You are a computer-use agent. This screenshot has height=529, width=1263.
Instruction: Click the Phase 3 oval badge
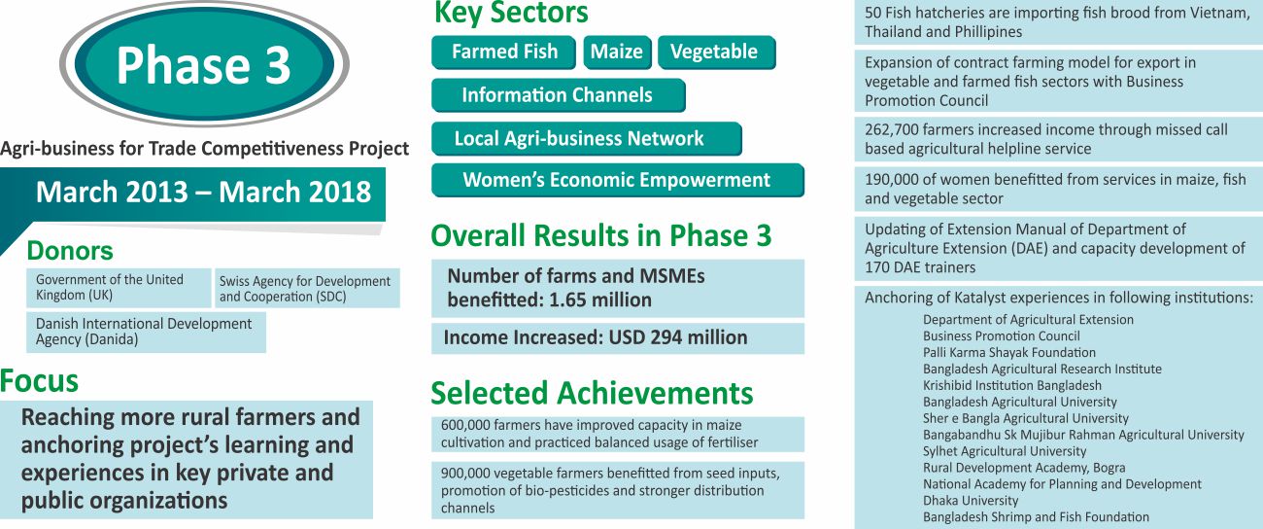204,64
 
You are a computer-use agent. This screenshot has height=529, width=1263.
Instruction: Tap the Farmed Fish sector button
503,53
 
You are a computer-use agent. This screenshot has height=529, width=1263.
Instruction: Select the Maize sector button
617,53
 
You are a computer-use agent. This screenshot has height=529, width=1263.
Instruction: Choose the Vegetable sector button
717,53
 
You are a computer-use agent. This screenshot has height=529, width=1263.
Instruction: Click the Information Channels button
559,95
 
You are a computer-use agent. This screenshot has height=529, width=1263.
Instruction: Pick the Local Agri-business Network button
587,138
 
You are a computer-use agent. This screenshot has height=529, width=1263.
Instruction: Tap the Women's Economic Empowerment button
617,180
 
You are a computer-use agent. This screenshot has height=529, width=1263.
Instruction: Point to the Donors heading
70,251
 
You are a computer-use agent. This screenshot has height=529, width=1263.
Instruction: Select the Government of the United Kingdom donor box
119,288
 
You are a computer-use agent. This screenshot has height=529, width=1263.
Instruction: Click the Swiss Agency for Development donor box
307,288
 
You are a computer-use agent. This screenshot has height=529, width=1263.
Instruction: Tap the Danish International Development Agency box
146,332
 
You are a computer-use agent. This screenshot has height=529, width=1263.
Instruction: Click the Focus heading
39,381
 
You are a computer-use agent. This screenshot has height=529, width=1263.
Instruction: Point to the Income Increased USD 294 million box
617,338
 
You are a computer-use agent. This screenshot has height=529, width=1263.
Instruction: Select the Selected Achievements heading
592,393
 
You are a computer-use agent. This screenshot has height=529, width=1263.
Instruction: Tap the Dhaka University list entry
971,501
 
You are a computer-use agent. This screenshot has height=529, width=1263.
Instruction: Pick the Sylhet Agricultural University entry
1005,451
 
